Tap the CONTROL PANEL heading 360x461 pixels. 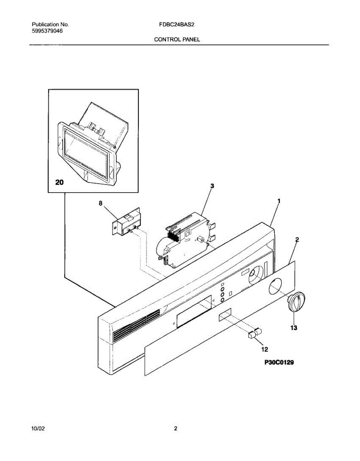177,39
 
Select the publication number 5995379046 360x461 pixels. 47,32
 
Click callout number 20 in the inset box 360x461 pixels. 60,182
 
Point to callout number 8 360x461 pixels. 101,204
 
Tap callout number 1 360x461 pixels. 279,201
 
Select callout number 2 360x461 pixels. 297,240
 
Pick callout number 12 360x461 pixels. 264,349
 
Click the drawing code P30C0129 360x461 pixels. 279,362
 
